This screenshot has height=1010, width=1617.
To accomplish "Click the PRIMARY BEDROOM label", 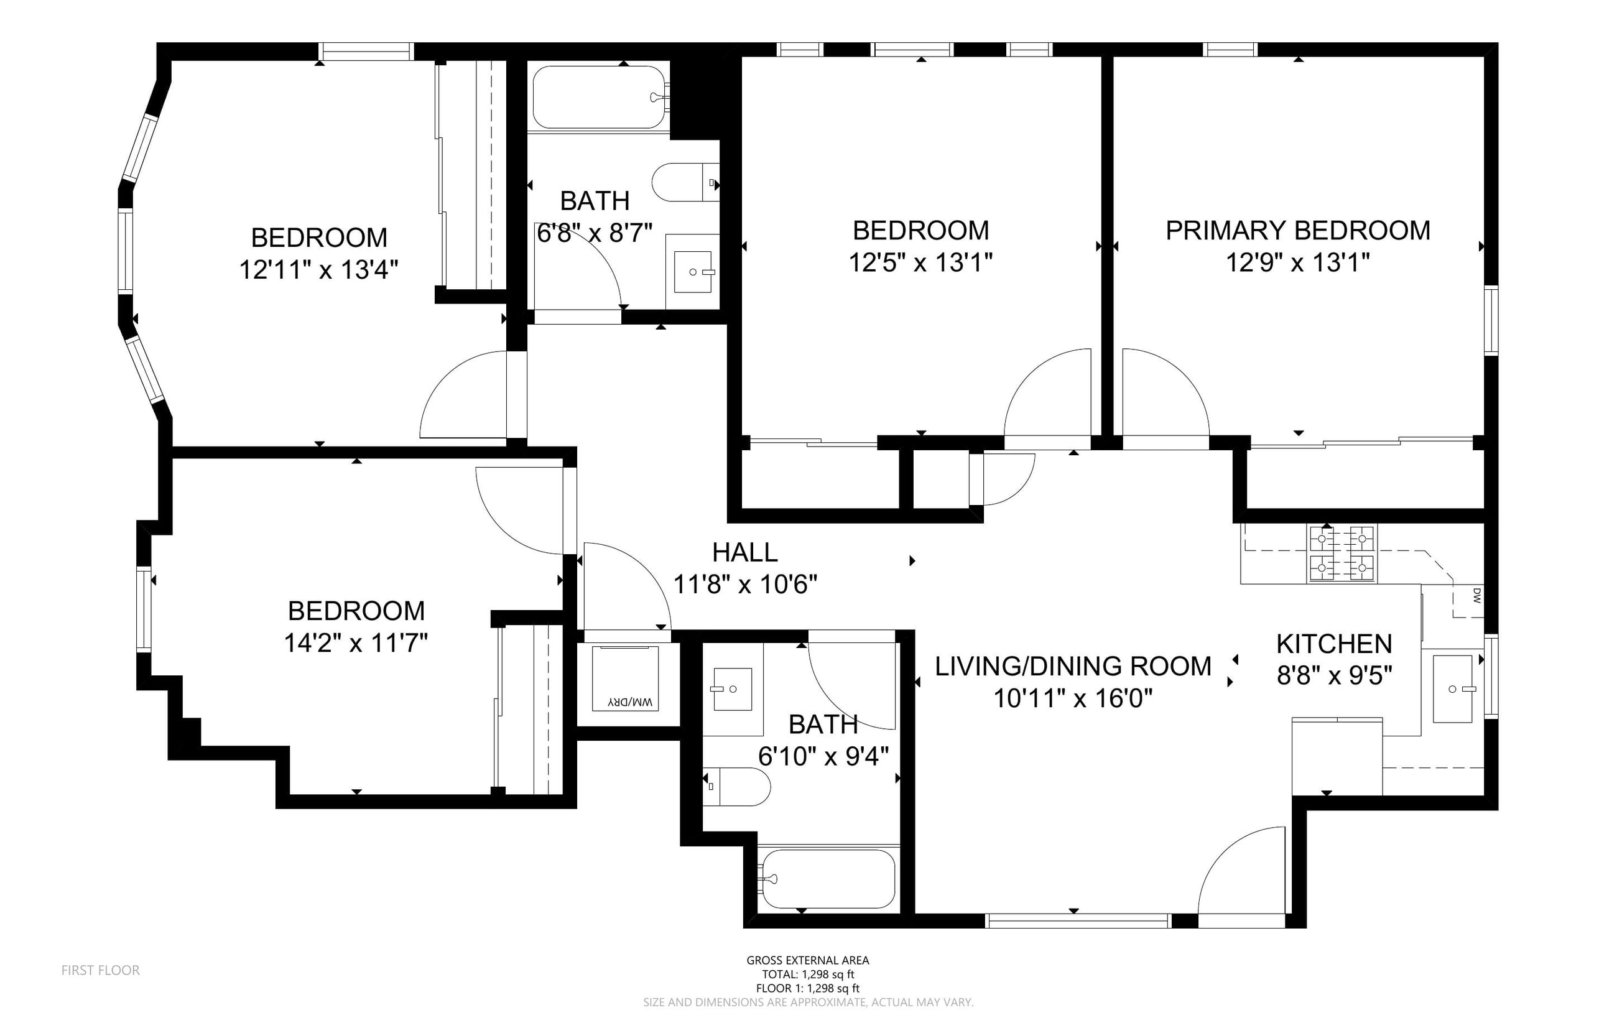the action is [1298, 231].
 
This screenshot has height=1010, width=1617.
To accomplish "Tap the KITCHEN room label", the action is [1334, 644].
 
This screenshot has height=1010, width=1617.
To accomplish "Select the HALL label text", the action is [744, 552].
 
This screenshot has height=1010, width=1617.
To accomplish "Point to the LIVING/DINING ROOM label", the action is [1073, 666].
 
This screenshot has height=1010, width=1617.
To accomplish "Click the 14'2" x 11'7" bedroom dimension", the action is [356, 643].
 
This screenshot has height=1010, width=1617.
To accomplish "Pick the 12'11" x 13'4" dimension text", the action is [318, 270].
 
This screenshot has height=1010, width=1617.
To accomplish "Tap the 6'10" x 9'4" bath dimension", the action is [823, 756].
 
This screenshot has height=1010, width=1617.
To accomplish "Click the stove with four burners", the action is [1342, 554].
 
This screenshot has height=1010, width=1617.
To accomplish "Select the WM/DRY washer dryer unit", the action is [625, 678].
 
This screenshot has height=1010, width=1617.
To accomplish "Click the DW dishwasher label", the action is [1476, 595].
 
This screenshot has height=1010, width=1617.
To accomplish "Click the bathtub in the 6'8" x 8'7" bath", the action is [599, 97].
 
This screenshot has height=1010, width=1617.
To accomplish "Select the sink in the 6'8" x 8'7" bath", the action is [693, 272].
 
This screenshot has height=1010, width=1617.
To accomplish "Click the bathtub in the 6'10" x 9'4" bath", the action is [828, 878].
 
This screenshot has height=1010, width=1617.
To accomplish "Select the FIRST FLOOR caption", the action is [101, 970].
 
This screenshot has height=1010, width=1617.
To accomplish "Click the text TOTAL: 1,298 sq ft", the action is [808, 975].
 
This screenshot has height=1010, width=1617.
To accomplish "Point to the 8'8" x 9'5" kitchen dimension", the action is [1335, 676].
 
